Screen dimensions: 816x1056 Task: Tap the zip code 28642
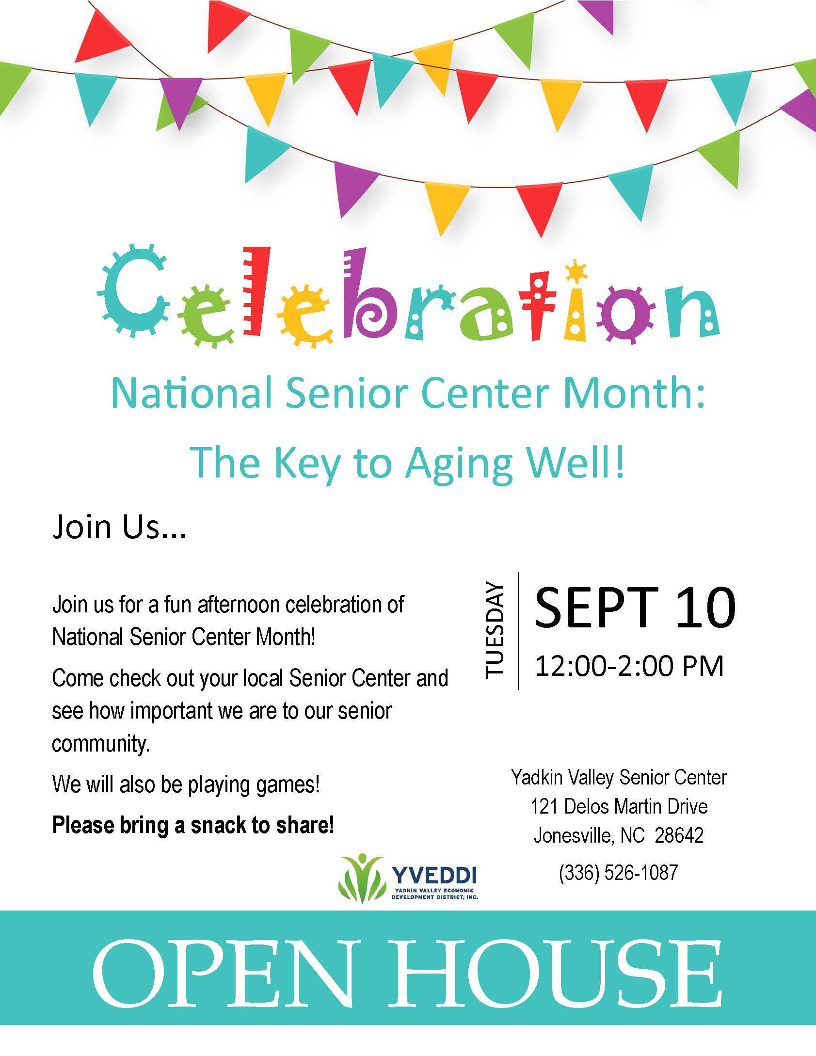[679, 835]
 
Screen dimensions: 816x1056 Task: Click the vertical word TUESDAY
[495, 630]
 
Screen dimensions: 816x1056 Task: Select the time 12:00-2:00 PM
[629, 666]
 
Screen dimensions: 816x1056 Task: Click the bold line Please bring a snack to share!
[193, 825]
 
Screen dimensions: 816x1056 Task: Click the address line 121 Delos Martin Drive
[619, 806]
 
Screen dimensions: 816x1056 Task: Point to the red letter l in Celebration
[256, 291]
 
